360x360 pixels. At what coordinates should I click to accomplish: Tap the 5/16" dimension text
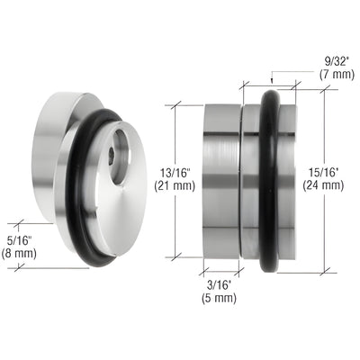point(22,239)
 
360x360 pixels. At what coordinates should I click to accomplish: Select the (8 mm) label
point(22,254)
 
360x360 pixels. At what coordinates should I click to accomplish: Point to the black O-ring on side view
point(267,180)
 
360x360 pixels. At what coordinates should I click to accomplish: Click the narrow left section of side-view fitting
point(220,180)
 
